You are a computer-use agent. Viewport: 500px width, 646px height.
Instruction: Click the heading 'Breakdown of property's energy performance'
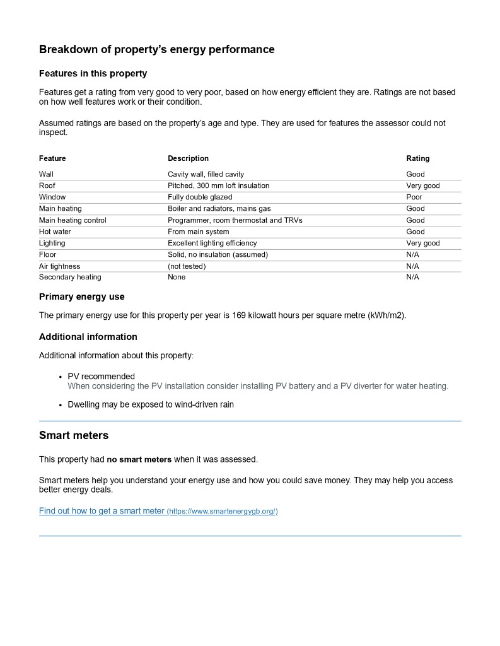(156, 49)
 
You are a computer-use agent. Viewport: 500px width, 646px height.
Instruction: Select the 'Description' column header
(188, 158)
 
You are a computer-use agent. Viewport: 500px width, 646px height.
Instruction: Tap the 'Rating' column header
(417, 158)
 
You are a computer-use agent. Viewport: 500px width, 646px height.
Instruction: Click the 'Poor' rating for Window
(414, 197)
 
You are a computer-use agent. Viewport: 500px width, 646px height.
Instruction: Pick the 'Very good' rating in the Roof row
(422, 185)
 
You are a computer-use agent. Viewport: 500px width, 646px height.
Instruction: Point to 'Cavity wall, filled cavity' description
(206, 174)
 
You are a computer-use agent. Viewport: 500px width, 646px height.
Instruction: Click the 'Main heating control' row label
(73, 220)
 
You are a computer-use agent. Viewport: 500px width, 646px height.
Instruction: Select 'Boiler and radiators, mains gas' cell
(219, 208)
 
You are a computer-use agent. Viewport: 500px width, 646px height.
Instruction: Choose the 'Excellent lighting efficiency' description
(212, 243)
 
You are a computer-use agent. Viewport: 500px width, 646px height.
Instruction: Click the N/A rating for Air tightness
(412, 266)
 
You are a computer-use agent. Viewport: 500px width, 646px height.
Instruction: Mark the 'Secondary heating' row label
(70, 277)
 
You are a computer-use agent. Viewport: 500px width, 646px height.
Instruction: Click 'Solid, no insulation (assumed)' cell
(218, 254)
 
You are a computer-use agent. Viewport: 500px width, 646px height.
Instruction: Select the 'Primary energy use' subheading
(82, 297)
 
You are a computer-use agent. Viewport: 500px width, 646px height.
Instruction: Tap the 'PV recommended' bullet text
(101, 377)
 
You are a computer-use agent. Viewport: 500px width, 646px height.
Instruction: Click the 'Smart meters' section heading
(74, 435)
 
